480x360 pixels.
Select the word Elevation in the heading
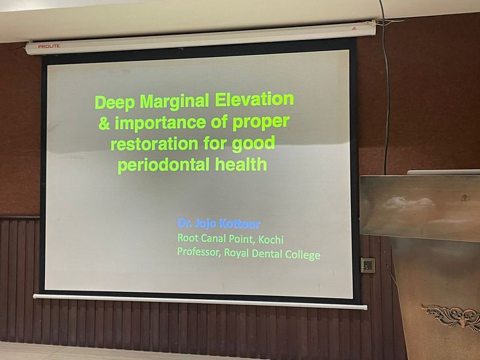coord(254,99)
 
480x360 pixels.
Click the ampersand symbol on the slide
coord(104,123)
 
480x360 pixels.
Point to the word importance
coord(160,122)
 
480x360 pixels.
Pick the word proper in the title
coord(261,122)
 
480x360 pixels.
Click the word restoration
coord(155,144)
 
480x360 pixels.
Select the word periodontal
coord(164,165)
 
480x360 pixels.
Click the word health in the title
coord(241,164)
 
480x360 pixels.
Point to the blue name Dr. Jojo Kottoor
coord(219,224)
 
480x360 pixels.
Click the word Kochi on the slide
coord(271,239)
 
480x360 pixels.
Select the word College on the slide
coord(303,255)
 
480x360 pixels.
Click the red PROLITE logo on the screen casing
coord(49,46)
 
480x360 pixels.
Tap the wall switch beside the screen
coord(367,265)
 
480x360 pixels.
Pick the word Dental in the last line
coord(268,253)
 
